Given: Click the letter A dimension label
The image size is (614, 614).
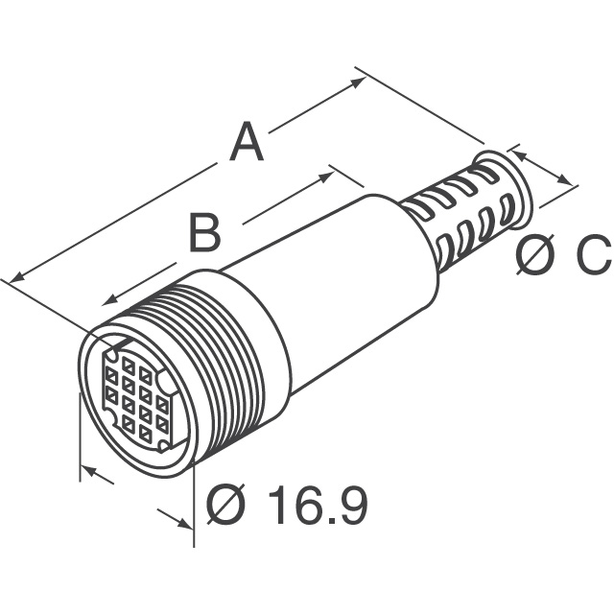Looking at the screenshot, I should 246,143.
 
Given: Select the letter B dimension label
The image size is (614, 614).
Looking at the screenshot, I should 203,231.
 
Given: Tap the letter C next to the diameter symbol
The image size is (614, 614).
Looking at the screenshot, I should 591,256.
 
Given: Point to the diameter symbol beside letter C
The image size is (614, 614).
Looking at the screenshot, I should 533,256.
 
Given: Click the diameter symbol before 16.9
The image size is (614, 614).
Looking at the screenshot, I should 226,505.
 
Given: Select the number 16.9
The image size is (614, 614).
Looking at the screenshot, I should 318,505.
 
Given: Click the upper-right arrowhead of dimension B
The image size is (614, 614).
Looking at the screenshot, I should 335,172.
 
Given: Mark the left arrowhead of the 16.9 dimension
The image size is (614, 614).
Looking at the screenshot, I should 87,471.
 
